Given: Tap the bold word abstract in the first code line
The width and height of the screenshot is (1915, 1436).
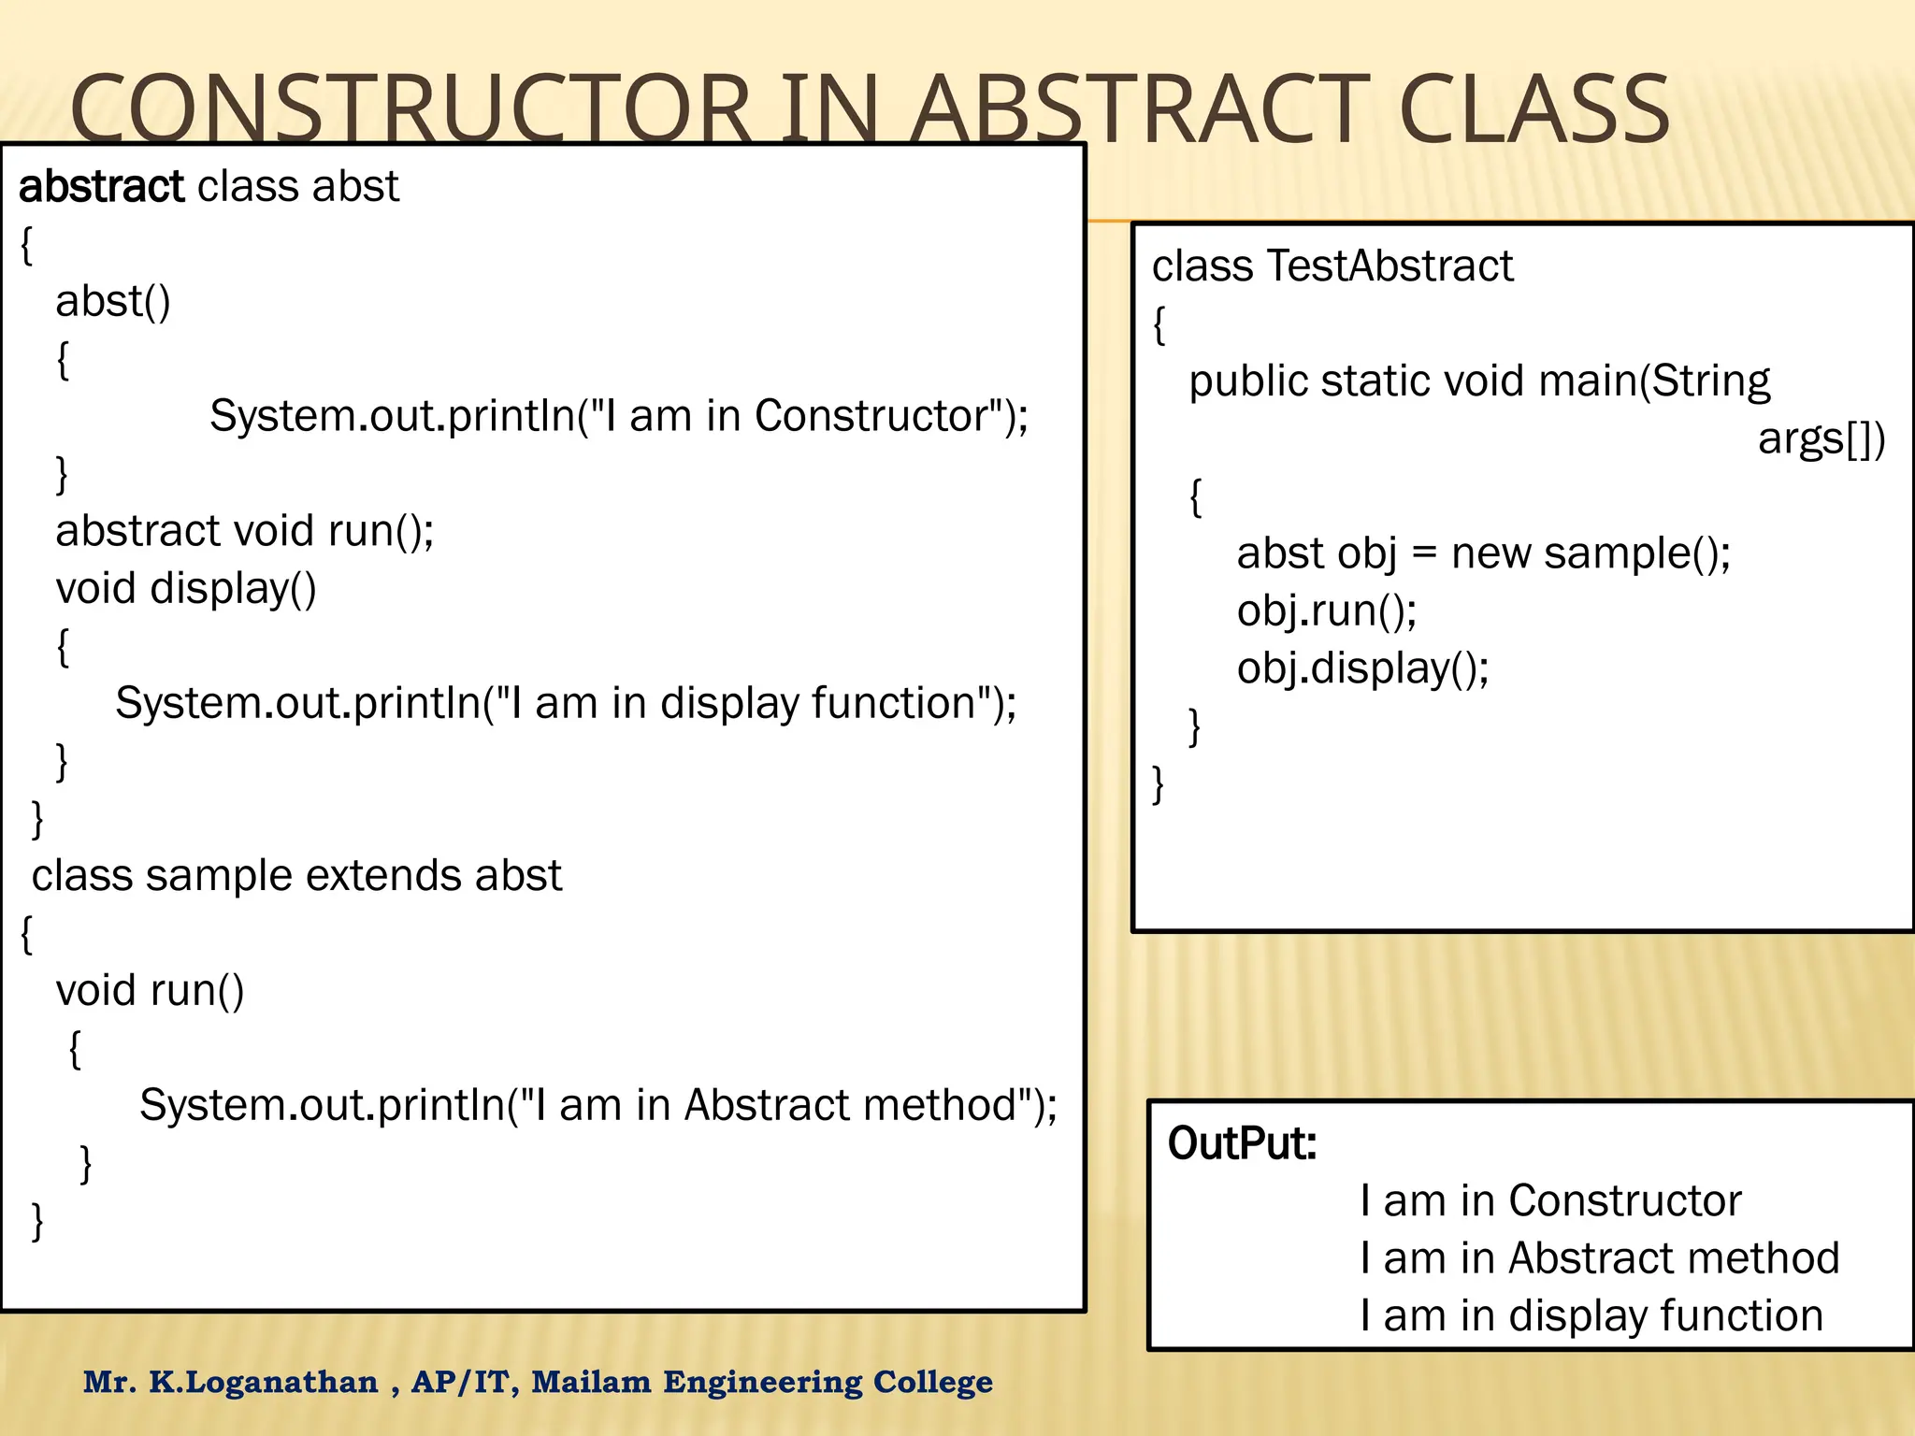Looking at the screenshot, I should tap(101, 187).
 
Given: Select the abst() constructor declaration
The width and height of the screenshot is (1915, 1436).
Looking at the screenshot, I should tap(113, 302).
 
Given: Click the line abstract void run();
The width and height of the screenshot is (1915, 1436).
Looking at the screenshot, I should tap(245, 531).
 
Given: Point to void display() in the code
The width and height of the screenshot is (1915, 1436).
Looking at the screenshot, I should tap(186, 589).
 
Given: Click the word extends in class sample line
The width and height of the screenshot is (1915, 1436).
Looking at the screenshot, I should tap(383, 876).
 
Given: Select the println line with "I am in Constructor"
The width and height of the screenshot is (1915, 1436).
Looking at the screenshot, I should tap(618, 416).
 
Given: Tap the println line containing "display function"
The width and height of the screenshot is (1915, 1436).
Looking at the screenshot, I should tap(566, 703).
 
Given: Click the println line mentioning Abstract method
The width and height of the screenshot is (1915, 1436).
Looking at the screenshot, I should tap(598, 1105).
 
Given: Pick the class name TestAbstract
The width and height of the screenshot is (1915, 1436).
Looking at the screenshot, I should tap(1389, 266).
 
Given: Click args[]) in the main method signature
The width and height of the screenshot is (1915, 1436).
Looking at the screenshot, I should tap(1821, 439).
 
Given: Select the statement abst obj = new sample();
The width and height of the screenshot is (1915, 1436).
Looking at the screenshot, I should tap(1483, 553).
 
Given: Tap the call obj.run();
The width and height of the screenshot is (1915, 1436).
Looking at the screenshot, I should tap(1326, 611).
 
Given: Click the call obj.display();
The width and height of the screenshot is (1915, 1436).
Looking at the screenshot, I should tap(1362, 668).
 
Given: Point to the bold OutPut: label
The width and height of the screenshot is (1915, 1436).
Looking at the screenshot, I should tap(1242, 1143).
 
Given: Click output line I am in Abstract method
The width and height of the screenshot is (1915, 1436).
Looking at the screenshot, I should tap(1599, 1258).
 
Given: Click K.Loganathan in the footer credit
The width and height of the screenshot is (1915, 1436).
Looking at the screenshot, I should tap(264, 1382).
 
